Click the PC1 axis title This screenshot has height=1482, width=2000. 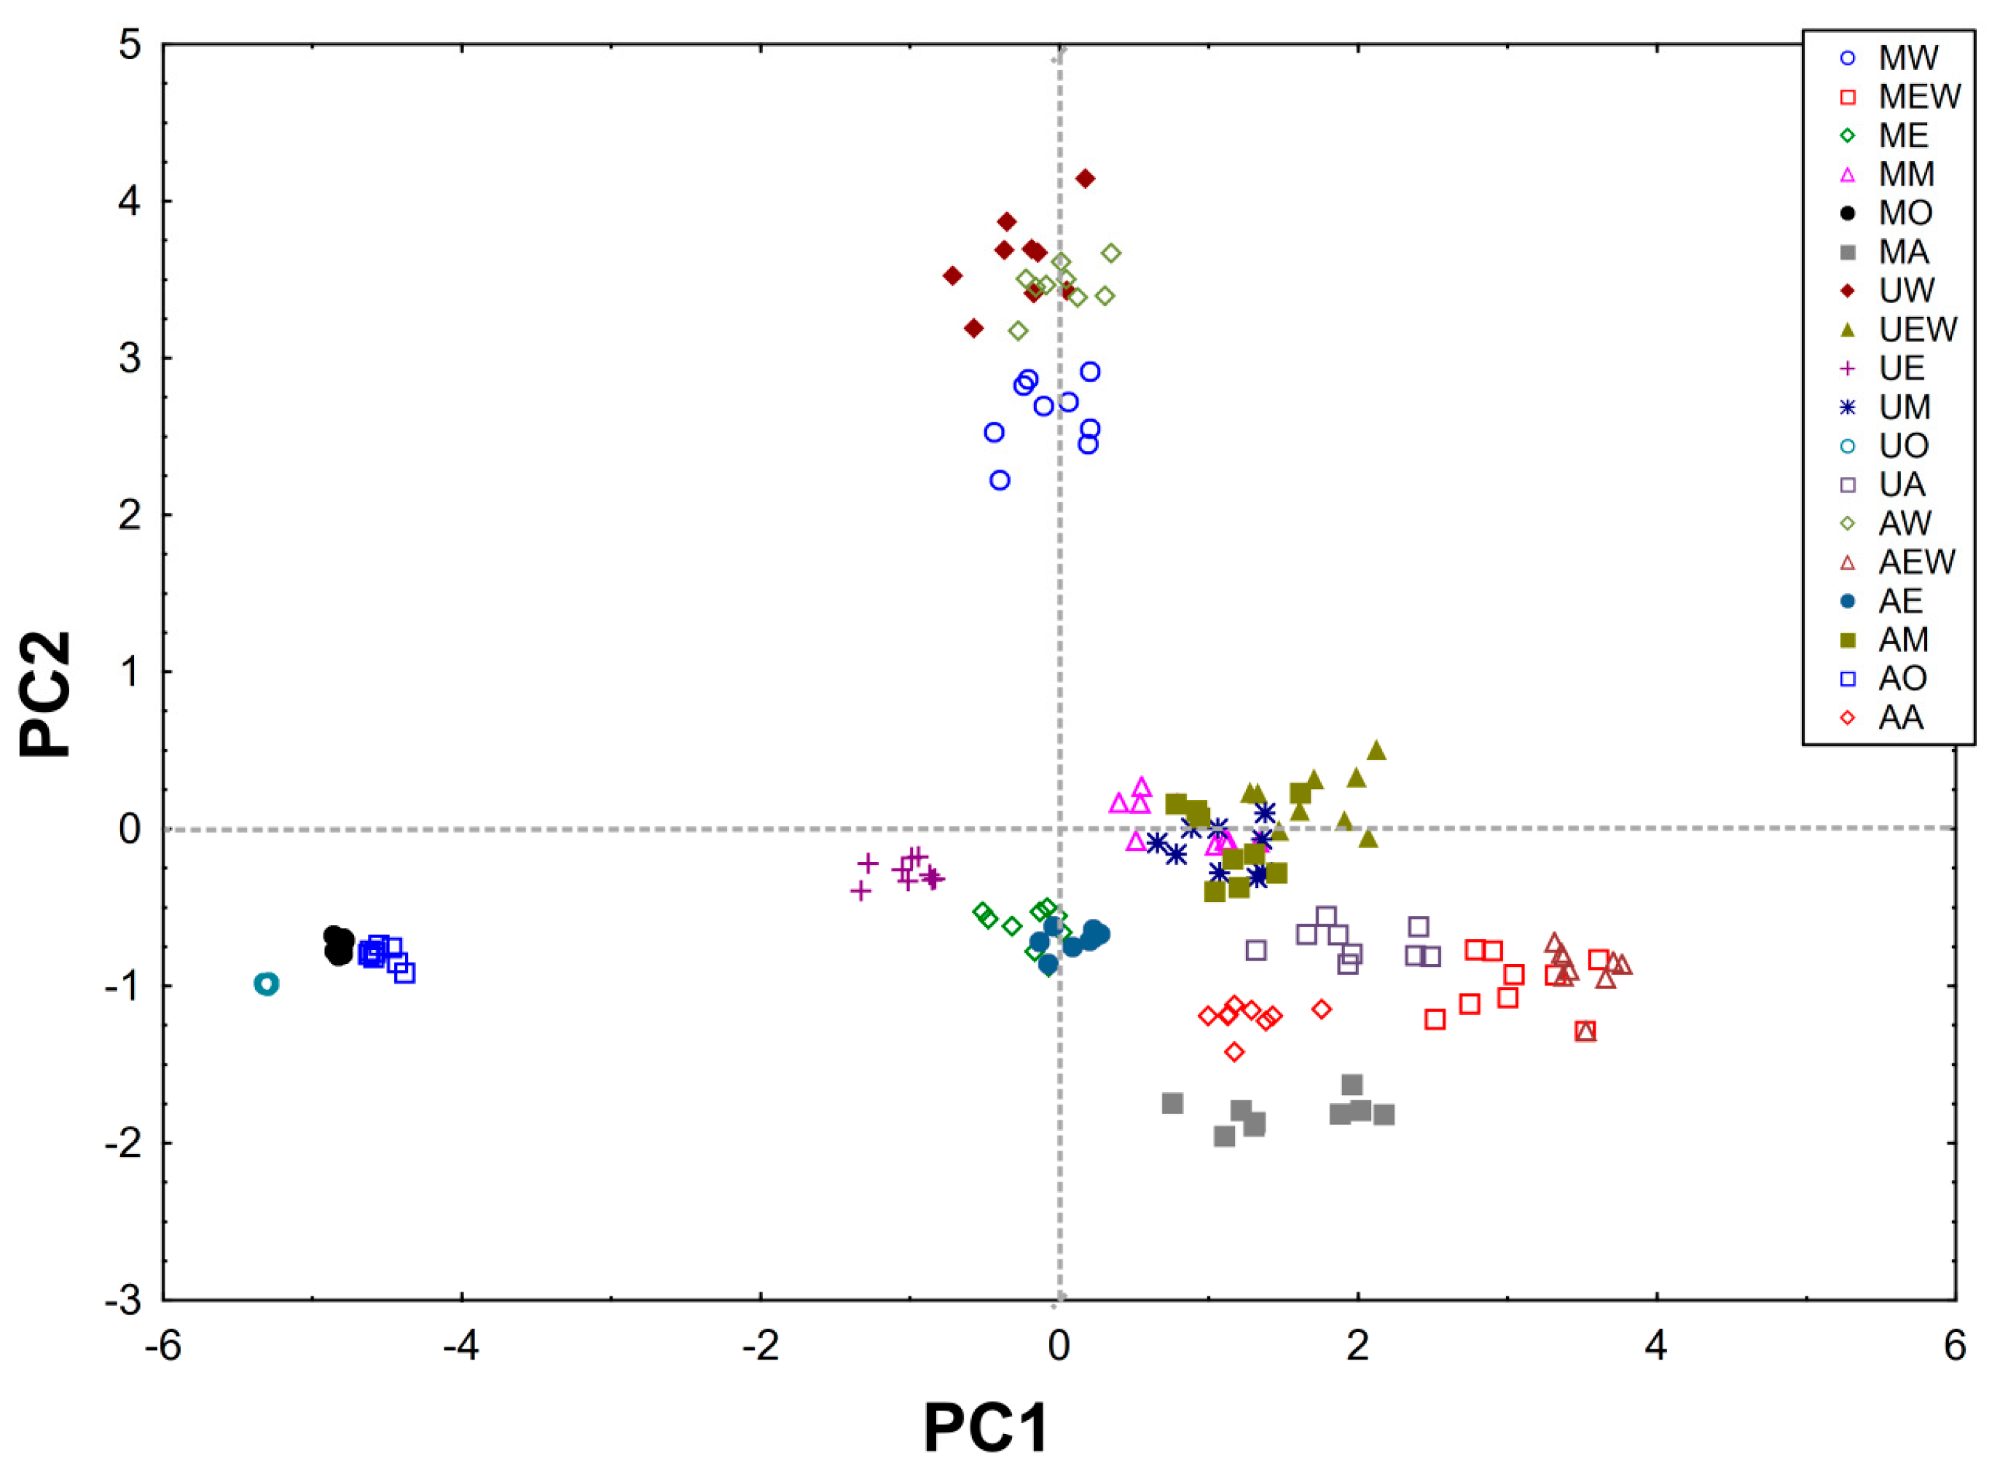986,1428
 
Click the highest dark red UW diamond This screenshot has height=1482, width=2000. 1085,179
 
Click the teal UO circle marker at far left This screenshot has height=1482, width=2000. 267,984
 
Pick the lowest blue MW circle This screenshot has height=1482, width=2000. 1000,480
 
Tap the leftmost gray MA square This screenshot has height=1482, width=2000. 1172,1103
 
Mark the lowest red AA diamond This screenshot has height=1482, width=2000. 1234,1051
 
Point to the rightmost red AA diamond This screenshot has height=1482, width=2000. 1321,1009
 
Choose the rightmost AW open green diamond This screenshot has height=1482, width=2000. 1111,254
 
